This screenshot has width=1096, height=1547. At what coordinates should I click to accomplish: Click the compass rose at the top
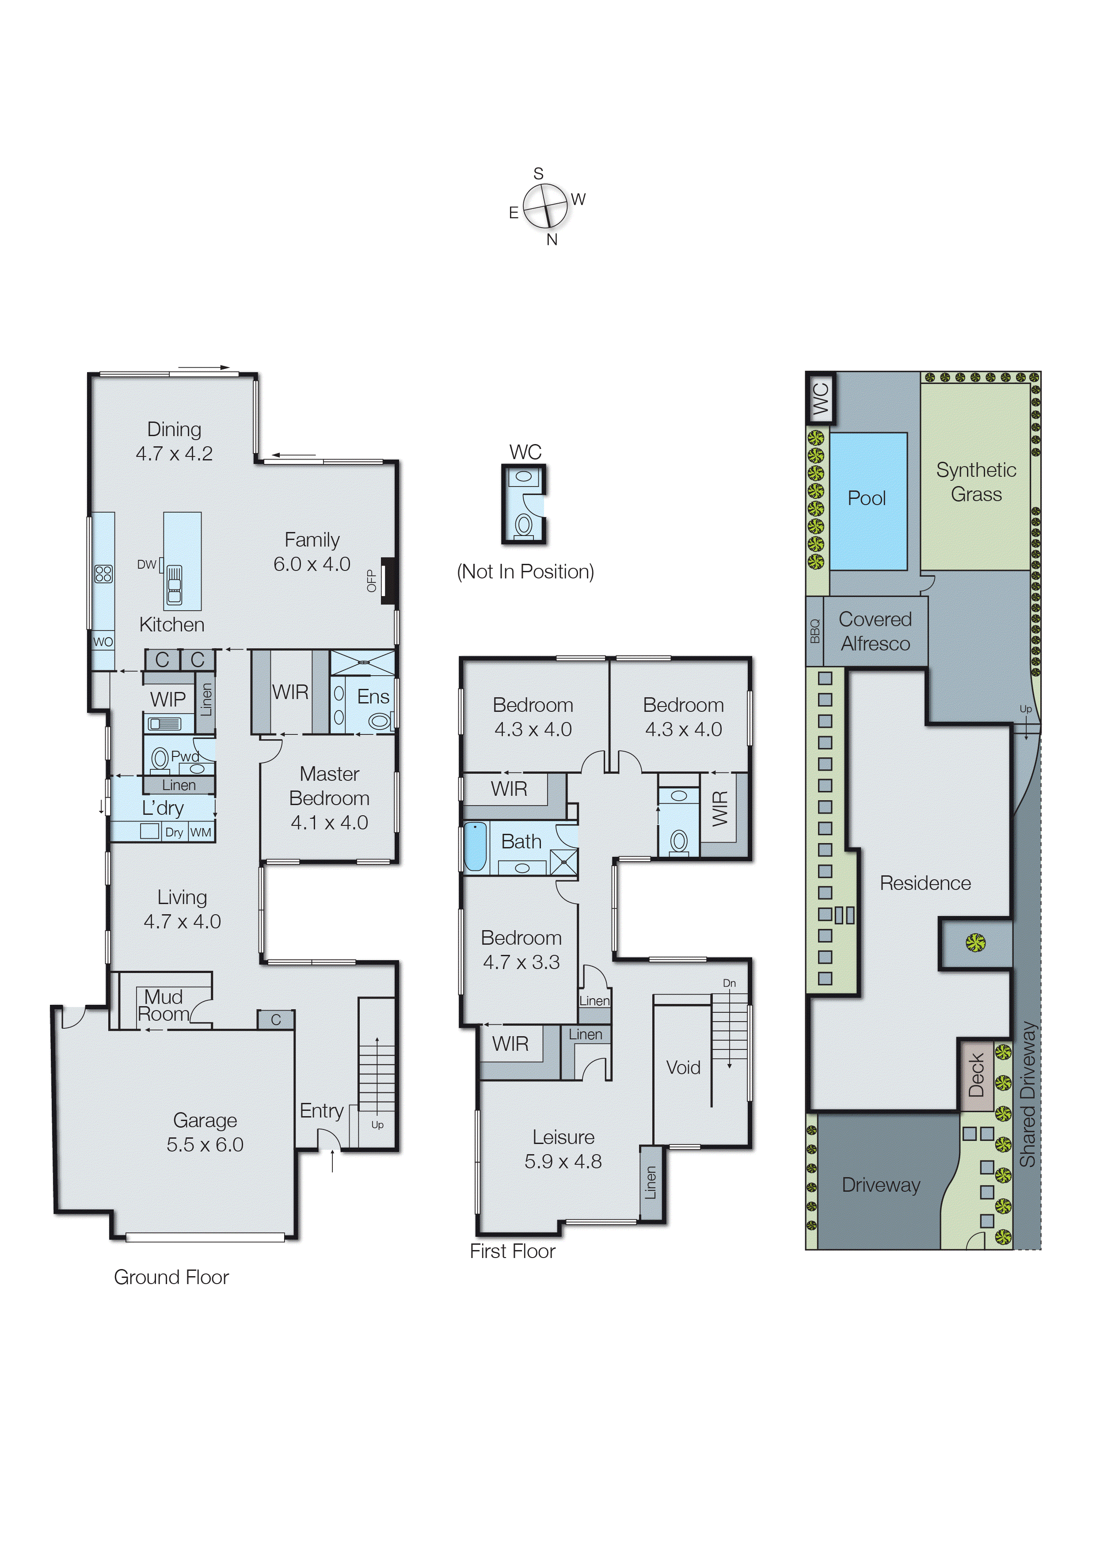pos(545,206)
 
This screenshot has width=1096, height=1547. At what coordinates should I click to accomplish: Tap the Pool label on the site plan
pos(867,498)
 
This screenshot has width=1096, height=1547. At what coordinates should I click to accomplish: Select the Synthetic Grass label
pos(976,482)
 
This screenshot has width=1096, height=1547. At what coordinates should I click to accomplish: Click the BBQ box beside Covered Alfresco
pos(814,631)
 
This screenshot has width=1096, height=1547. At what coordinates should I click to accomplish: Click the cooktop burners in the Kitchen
pos(104,574)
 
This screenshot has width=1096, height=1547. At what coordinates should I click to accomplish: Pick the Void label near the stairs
pos(683,1067)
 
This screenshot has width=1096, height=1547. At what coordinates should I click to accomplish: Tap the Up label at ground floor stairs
pos(377,1125)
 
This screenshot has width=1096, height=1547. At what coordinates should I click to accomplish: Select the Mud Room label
pos(164,1005)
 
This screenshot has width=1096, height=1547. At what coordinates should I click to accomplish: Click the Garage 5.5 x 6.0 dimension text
pos(205,1145)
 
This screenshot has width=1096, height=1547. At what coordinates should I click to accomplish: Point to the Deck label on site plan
pos(976,1076)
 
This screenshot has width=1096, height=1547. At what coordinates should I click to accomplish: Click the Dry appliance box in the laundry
pos(174,832)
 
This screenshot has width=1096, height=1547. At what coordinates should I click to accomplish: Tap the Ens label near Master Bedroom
pos(373,696)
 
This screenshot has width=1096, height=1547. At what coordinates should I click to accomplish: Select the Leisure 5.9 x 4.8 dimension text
pos(563,1162)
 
